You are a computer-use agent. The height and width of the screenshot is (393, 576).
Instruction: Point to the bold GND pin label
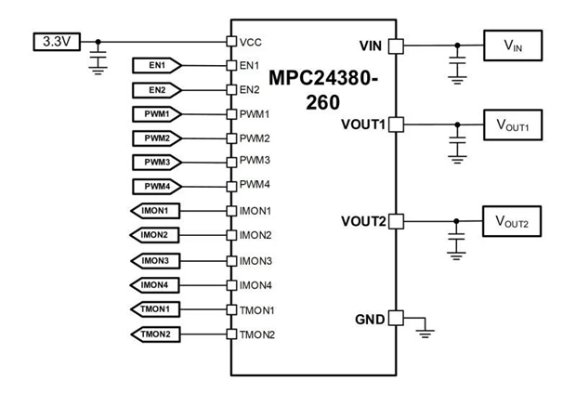pos(370,318)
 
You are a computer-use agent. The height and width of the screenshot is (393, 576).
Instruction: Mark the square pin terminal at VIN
pos(394,45)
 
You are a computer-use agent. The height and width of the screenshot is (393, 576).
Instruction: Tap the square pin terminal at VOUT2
pos(394,221)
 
